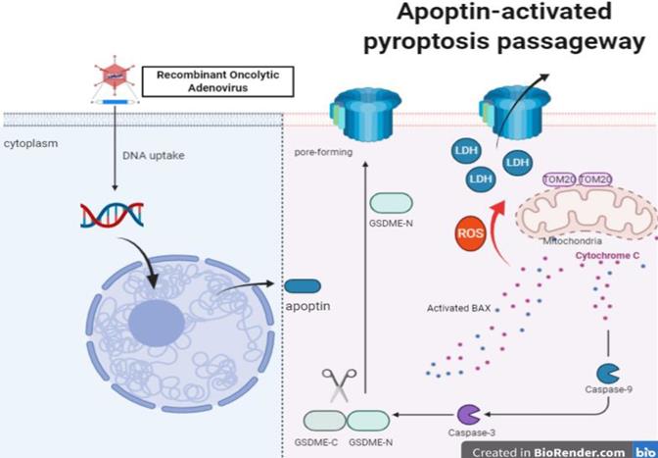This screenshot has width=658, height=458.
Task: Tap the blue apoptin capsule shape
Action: point(303,286)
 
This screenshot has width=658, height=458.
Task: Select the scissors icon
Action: point(339,385)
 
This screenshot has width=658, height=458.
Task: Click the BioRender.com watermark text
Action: point(579,451)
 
